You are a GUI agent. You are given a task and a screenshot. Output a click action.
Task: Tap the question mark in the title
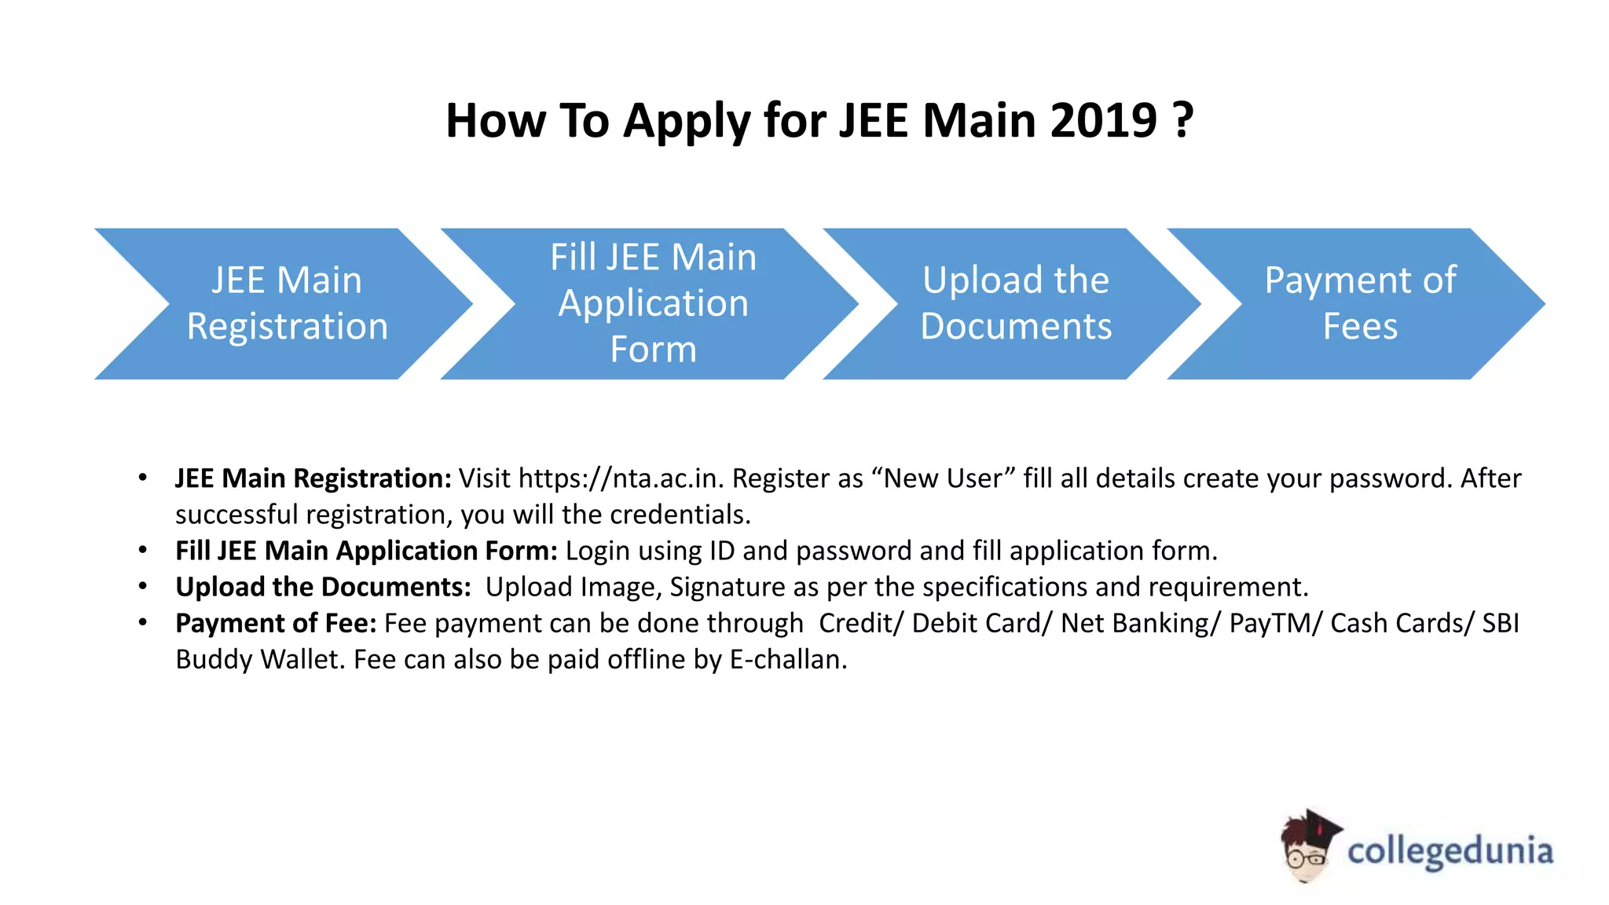[x=1183, y=121]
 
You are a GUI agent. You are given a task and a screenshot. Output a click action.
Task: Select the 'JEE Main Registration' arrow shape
[x=287, y=303]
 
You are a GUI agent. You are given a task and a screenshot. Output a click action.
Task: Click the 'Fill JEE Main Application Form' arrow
[x=653, y=303]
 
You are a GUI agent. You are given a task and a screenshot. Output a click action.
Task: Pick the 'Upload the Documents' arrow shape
[x=1015, y=303]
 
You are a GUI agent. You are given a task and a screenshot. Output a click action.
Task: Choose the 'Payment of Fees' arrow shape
[x=1360, y=303]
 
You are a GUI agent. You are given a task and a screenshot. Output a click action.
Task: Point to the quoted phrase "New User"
[x=943, y=478]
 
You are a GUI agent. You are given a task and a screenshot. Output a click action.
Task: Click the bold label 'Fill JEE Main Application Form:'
[x=366, y=551]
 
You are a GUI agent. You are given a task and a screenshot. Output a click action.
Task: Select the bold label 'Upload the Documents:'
[x=323, y=587]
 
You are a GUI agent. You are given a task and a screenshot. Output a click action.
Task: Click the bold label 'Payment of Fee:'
[x=276, y=623]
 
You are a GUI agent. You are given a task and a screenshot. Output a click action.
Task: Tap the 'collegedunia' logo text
[x=1450, y=852]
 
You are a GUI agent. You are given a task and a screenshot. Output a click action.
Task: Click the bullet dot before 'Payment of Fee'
[x=143, y=623]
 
